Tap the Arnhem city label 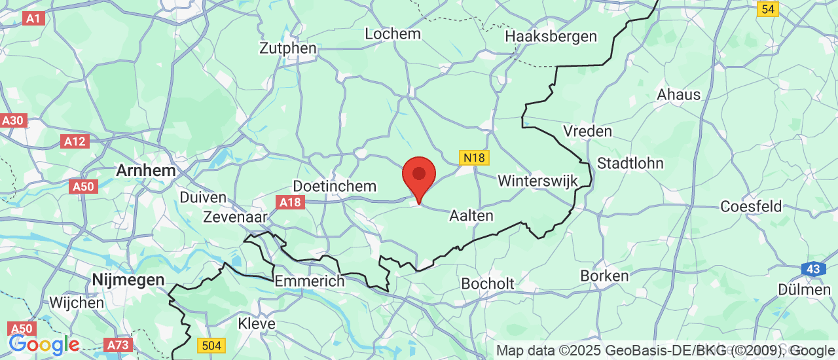click(x=145, y=170)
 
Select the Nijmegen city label click(x=128, y=280)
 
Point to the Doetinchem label click(x=335, y=187)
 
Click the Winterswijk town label click(x=536, y=180)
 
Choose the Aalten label click(x=471, y=215)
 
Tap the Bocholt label click(x=488, y=284)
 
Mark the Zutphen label click(x=288, y=48)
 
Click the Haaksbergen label click(x=551, y=37)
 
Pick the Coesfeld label click(x=751, y=207)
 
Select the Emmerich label click(x=310, y=281)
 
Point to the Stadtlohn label click(x=630, y=163)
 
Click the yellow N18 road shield click(x=473, y=158)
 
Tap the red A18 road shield click(x=290, y=202)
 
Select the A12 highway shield click(x=75, y=141)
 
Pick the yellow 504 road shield click(x=211, y=345)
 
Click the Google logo click(x=44, y=344)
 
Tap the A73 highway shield click(x=118, y=345)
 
